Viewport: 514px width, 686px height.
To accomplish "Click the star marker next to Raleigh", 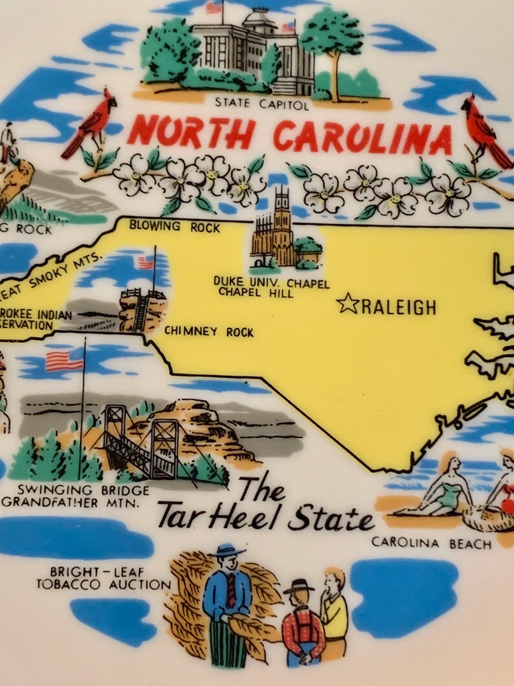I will pos(348,304).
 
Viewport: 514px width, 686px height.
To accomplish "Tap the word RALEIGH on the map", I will pos(398,307).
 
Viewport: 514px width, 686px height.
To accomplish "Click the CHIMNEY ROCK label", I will pos(208,332).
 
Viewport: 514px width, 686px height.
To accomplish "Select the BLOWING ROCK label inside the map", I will pos(175,227).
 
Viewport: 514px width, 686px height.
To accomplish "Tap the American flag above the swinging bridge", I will pos(63,361).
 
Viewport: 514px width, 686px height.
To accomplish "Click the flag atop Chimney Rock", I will pos(146,262).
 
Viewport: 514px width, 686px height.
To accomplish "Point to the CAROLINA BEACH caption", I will pos(431,543).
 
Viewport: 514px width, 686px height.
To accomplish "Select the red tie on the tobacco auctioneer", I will pos(231,589).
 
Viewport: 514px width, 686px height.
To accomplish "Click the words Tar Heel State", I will pos(265,518).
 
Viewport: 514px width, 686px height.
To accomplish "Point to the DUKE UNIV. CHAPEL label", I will pos(271,284).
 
